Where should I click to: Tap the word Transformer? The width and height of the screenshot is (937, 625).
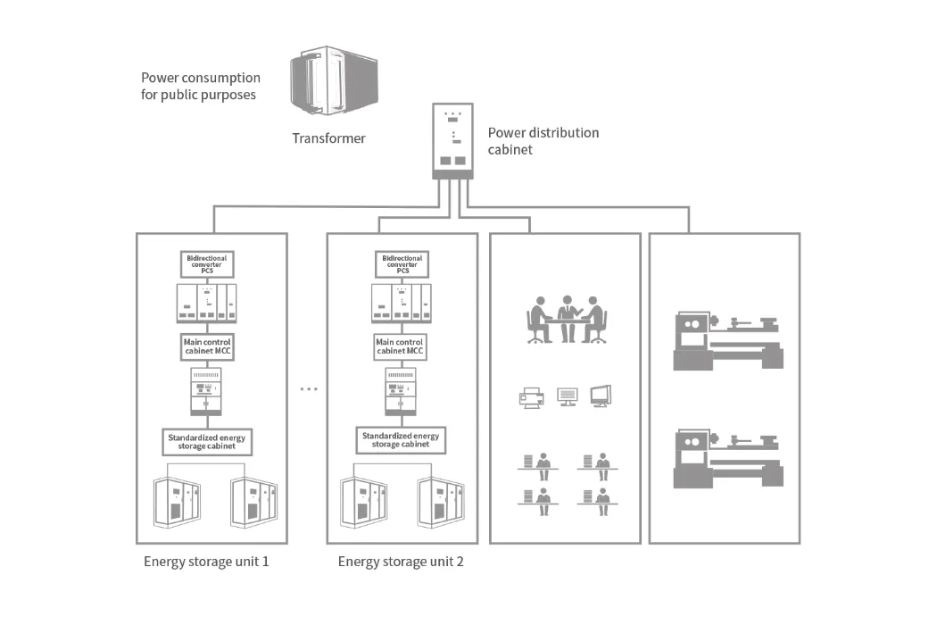click(x=328, y=138)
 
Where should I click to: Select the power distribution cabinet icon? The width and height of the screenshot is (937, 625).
click(x=454, y=140)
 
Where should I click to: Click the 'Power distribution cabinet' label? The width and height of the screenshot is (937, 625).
click(x=543, y=141)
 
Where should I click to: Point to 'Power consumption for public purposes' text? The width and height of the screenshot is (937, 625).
click(x=200, y=86)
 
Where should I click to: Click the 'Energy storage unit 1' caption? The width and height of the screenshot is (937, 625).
click(x=206, y=562)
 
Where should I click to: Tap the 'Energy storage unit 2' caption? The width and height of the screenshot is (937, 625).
click(x=401, y=562)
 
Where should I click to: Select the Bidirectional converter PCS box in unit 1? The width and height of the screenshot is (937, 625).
click(x=207, y=263)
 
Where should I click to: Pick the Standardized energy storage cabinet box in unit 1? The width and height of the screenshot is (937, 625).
click(x=207, y=440)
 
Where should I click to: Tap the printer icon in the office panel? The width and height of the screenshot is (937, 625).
click(x=532, y=398)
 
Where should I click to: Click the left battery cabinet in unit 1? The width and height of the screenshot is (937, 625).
click(x=178, y=502)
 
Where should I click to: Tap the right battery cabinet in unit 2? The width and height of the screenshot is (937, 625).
click(x=441, y=501)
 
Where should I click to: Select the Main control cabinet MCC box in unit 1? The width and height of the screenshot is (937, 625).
click(x=207, y=346)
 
